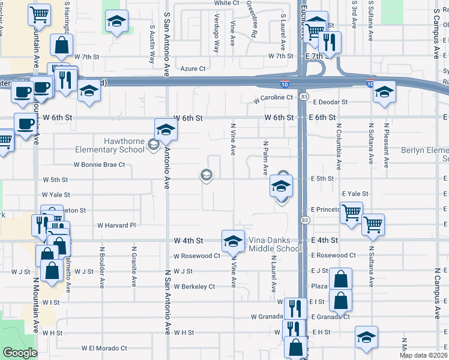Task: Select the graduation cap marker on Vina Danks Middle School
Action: pyautogui.click(x=233, y=241)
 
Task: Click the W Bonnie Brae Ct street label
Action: pyautogui.click(x=99, y=164)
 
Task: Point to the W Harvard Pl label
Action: pyautogui.click(x=116, y=226)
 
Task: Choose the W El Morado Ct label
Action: pyautogui.click(x=104, y=348)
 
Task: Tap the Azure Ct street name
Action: pyautogui.click(x=193, y=68)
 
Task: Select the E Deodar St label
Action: pyautogui.click(x=330, y=102)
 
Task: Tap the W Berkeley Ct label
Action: pyautogui.click(x=194, y=287)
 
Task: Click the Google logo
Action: pyautogui.click(x=19, y=353)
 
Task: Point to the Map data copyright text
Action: pyautogui.click(x=423, y=355)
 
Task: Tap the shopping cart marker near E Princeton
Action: pyautogui.click(x=352, y=211)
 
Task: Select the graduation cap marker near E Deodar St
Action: pyautogui.click(x=384, y=92)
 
